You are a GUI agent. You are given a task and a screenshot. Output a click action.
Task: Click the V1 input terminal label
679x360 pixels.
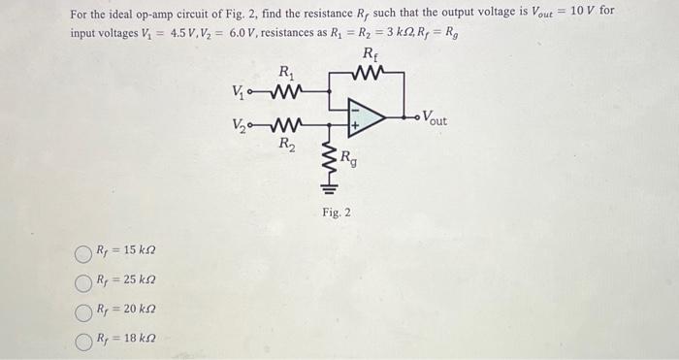(x=241, y=93)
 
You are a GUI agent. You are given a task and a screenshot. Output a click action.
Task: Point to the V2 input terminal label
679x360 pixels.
(x=241, y=123)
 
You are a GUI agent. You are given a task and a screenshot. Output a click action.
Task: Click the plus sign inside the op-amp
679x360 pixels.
(x=355, y=125)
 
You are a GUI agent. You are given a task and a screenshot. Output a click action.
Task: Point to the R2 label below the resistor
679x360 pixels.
(x=286, y=145)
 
